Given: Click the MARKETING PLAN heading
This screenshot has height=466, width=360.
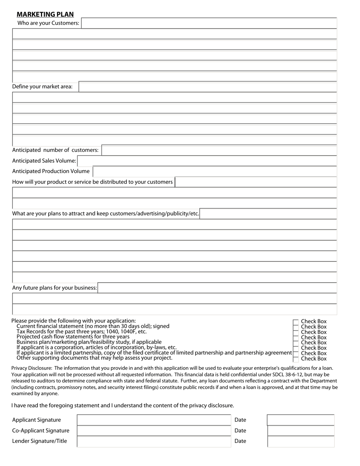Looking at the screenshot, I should click(x=45, y=14).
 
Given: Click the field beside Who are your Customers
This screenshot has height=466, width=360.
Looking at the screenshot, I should click(x=209, y=23).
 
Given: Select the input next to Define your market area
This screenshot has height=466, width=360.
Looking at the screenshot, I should click(x=208, y=87).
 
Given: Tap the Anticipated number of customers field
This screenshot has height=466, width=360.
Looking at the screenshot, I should click(x=219, y=150).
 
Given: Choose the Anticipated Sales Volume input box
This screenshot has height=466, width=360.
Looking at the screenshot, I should click(x=207, y=161).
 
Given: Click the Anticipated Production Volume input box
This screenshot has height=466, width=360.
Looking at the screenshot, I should click(x=214, y=172).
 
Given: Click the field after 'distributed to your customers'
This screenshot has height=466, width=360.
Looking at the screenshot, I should click(x=256, y=182).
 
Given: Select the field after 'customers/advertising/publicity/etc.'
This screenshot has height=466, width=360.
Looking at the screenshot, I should click(x=268, y=214).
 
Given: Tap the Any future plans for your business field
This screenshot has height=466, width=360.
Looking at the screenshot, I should click(x=217, y=288).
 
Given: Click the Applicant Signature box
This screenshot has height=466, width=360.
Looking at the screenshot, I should click(x=154, y=420).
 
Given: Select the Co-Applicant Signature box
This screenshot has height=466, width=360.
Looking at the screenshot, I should click(x=154, y=431).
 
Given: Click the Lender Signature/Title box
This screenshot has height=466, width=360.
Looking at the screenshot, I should click(x=154, y=441).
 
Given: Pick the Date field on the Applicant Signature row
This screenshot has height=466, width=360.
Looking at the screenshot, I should click(x=301, y=420).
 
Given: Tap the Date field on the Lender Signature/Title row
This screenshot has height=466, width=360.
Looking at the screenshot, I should click(x=301, y=441).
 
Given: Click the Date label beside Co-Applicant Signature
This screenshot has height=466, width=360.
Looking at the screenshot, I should click(x=240, y=431).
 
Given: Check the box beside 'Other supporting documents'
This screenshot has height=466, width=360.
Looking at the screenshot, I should click(x=296, y=359).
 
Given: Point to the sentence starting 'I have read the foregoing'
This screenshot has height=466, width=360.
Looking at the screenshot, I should click(x=122, y=405).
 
